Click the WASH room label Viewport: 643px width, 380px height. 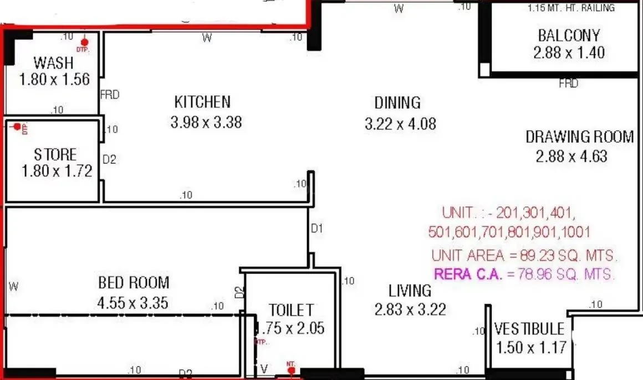(54, 62)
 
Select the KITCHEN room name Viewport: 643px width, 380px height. (202, 102)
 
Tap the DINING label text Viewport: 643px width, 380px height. (397, 103)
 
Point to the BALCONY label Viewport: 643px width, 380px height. (569, 36)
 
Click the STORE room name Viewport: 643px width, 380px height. (55, 154)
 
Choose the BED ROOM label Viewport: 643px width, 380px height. (134, 283)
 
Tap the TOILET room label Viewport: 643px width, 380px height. (291, 310)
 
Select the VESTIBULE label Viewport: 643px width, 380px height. (529, 328)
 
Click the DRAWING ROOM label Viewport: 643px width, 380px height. (579, 136)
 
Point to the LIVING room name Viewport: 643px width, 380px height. (410, 290)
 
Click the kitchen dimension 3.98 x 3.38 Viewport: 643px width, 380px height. (206, 122)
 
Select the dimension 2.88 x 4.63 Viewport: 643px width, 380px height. (571, 156)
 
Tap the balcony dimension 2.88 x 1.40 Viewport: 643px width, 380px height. (569, 53)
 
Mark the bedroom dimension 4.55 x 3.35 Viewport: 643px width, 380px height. (132, 303)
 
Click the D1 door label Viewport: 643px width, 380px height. (317, 228)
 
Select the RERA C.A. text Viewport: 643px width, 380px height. (468, 273)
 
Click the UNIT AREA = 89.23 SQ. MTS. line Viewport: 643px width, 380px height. (524, 256)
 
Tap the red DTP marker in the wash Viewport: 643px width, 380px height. (84, 43)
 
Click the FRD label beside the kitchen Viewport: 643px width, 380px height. (110, 95)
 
